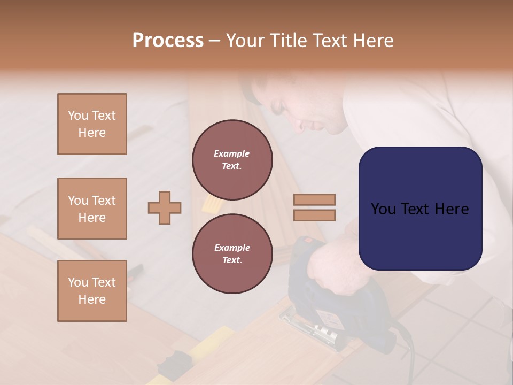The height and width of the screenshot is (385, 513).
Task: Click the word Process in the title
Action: (x=168, y=41)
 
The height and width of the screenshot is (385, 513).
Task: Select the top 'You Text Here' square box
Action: (x=92, y=124)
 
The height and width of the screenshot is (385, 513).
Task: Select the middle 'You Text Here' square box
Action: (x=92, y=209)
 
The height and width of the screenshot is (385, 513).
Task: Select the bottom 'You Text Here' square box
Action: (x=92, y=291)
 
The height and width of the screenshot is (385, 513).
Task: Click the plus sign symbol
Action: (x=165, y=207)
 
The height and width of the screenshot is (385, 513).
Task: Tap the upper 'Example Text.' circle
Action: (x=232, y=160)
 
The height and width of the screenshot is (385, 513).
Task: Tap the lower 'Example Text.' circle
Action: (x=232, y=254)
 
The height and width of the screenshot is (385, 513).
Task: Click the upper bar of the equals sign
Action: (x=315, y=199)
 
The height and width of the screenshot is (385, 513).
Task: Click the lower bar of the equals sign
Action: (x=315, y=215)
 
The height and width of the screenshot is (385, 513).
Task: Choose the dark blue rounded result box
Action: (x=420, y=209)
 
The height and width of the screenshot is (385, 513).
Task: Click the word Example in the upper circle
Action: (x=232, y=153)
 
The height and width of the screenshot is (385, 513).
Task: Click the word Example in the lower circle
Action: (x=232, y=248)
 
